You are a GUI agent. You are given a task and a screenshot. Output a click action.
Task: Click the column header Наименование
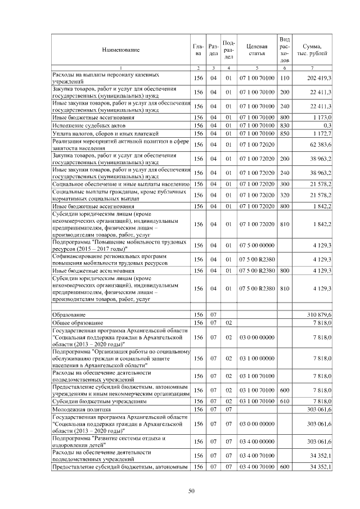120,50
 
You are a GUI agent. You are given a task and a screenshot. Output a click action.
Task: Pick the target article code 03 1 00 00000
256,358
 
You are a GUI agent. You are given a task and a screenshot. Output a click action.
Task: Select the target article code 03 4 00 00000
256,442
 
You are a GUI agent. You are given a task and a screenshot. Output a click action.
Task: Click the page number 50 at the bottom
191,492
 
